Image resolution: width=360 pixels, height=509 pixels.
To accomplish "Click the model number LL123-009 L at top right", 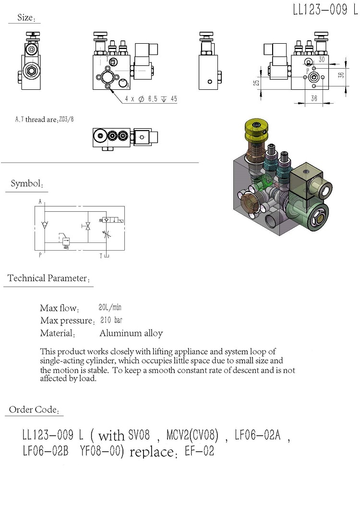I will click(325, 11).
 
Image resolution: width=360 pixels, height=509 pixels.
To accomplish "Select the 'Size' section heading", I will click(25, 18).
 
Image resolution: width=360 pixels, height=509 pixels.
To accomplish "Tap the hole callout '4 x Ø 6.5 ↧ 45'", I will click(151, 99).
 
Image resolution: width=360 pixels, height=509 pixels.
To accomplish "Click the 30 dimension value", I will click(321, 60).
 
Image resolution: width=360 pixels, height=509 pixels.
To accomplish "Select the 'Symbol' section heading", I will click(27, 184).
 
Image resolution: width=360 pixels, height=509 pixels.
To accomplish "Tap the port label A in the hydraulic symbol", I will click(40, 202).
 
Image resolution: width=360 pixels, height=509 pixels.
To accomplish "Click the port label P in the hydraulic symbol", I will click(40, 255).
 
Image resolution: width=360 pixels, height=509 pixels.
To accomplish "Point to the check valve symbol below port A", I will click(45, 224).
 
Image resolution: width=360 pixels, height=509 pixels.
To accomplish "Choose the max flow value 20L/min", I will click(109, 308).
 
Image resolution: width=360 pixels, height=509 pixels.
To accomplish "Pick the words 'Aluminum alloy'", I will click(131, 333).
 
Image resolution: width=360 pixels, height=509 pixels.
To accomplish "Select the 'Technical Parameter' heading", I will click(47, 279).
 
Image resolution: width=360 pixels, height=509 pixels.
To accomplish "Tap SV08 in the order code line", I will click(139, 436).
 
